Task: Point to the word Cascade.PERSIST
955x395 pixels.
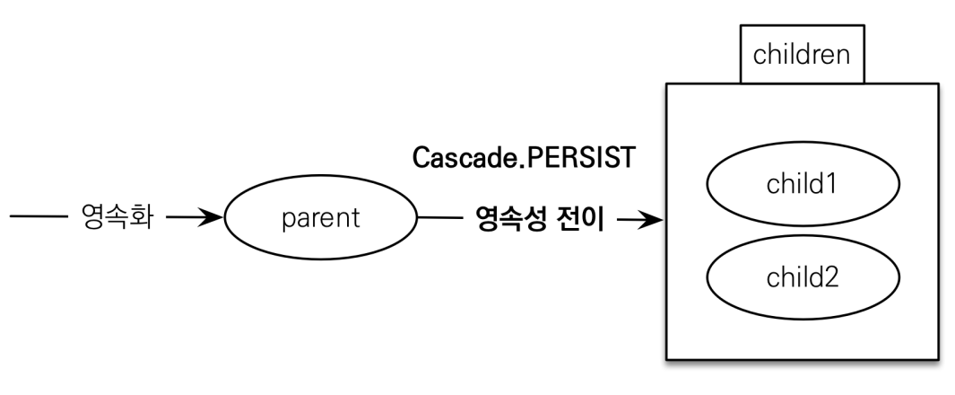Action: [524, 158]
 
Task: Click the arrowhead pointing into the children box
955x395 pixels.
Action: [651, 220]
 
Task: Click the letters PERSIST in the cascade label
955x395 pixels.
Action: [579, 158]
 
